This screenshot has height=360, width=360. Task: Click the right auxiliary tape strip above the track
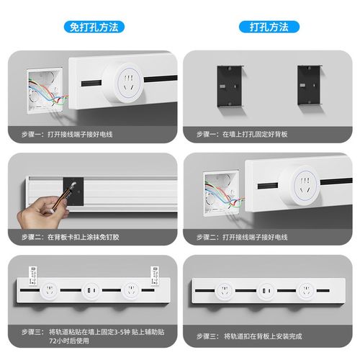point(153,272)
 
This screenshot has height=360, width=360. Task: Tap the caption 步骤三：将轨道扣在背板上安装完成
point(245,336)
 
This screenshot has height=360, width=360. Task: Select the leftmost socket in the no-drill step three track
point(51,292)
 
